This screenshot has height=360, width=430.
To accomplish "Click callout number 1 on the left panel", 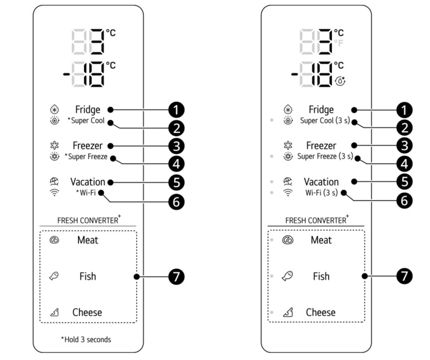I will tap(176, 110).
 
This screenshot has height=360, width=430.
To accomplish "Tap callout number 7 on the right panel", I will tap(404, 276).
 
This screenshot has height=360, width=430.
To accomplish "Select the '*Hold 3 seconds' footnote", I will tap(86, 340).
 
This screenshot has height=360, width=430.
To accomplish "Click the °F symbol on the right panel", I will tap(339, 43).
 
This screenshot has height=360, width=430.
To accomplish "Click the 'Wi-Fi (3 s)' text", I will tap(321, 192).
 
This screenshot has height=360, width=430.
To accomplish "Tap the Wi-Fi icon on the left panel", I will tap(55, 193).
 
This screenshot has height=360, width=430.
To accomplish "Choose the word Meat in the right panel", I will tap(321, 240).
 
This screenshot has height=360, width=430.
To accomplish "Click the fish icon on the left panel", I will tap(54, 276).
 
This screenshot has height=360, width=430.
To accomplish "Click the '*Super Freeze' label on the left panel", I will tap(86, 157).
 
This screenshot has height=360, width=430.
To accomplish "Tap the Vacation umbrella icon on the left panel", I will tap(55, 182).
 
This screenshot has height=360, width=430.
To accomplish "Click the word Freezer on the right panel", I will tap(321, 146).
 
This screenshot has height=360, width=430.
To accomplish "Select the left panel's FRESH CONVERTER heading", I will tap(88, 220).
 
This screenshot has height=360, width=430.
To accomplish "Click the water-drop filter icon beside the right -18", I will tap(341, 80).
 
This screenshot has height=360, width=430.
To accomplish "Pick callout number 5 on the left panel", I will tap(176, 182).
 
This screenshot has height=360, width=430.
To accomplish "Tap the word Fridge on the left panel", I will tap(88, 110).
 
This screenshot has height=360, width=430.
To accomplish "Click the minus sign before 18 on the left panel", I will tap(65, 74).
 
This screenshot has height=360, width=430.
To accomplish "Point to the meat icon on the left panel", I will tap(55, 240).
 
